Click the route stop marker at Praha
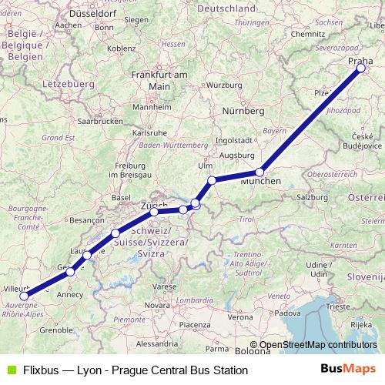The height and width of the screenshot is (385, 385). tap(361, 69)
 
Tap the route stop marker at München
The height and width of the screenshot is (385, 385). tap(260, 172)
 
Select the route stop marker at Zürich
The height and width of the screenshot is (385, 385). tap(154, 211)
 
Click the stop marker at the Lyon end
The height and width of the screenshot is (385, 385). tap(24, 296)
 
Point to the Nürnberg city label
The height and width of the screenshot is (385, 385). tap(244, 111)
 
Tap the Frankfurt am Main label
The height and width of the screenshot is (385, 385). tap(159, 80)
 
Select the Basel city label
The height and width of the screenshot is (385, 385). tap(121, 197)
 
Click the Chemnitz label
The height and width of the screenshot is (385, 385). tap(309, 34)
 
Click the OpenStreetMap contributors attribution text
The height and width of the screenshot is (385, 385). tap(318, 345)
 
